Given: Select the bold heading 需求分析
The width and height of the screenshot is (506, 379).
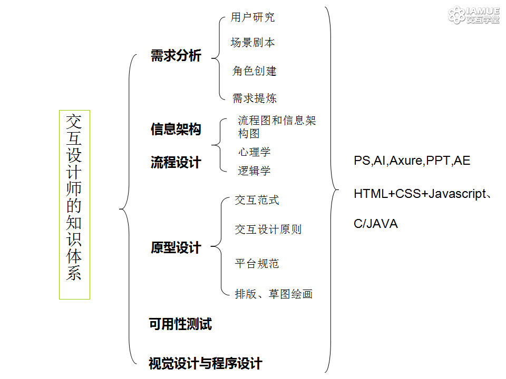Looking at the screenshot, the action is click(176, 55).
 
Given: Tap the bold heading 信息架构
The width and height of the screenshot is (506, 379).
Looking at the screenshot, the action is click(176, 129).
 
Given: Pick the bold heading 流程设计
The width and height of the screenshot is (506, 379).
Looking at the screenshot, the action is click(176, 162).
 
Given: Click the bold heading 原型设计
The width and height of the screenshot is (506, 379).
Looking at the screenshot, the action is click(176, 247).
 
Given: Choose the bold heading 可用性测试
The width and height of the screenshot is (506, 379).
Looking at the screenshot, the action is click(180, 324).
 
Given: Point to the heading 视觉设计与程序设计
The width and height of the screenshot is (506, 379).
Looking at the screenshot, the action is click(205, 364).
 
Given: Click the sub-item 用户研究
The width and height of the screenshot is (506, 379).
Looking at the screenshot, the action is click(252, 17).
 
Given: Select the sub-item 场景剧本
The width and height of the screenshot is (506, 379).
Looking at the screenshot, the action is click(252, 42).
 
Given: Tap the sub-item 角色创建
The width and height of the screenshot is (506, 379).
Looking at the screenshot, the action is click(254, 71).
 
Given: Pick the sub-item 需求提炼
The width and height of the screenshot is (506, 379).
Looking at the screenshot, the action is click(254, 98).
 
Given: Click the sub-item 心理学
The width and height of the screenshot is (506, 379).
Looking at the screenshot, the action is click(254, 152).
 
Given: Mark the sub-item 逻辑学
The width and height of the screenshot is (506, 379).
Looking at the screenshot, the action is click(254, 171).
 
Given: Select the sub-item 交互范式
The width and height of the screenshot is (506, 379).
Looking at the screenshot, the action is click(257, 200).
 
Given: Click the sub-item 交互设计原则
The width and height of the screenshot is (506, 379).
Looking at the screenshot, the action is click(268, 230).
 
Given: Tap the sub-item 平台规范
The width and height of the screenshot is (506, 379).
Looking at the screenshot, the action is click(257, 263).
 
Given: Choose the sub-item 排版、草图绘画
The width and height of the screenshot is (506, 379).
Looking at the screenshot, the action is click(274, 294).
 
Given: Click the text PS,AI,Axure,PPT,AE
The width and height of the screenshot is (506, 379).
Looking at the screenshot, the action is click(412, 161).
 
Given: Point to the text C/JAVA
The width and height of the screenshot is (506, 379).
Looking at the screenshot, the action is click(376, 224).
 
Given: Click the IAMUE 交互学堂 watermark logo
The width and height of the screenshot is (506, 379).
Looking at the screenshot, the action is click(474, 15).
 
